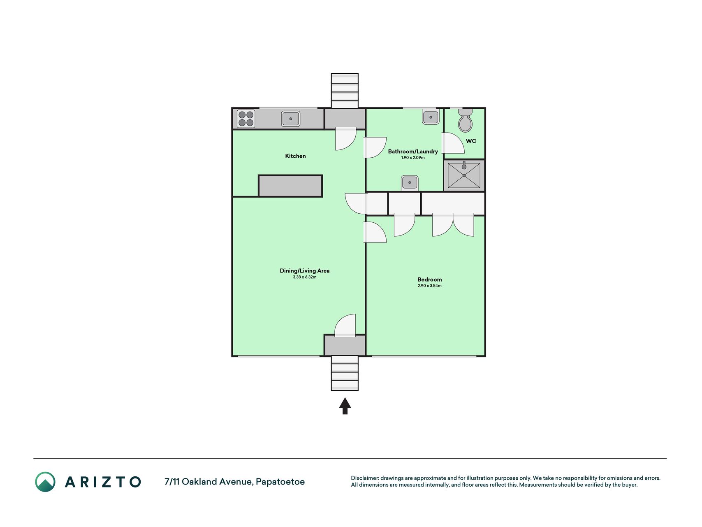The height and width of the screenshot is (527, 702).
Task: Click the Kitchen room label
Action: (295, 156)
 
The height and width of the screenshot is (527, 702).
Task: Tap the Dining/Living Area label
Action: (304, 270)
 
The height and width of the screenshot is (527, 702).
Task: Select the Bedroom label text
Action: (429, 280)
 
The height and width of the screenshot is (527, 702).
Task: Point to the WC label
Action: (471, 141)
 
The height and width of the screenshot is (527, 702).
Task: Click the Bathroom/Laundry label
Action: (413, 152)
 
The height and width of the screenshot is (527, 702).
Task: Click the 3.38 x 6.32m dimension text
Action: (304, 277)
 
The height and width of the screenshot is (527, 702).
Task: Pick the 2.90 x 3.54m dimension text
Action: (429, 286)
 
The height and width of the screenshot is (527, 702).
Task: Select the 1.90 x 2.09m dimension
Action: (413, 158)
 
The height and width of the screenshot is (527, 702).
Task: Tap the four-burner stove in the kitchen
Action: (246, 119)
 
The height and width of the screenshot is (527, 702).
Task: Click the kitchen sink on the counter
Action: (291, 119)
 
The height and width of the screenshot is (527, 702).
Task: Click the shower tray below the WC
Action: (464, 175)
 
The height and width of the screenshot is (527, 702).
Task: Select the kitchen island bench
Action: (290, 186)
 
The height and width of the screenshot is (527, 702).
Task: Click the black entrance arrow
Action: (345, 406)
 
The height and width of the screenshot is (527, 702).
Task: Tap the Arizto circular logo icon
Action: (45, 482)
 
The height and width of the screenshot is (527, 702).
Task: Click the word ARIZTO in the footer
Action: (103, 482)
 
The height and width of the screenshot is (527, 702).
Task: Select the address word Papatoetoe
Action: (280, 482)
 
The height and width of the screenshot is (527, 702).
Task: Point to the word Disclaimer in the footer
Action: (364, 478)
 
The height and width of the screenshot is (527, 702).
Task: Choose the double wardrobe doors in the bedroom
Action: (453, 226)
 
